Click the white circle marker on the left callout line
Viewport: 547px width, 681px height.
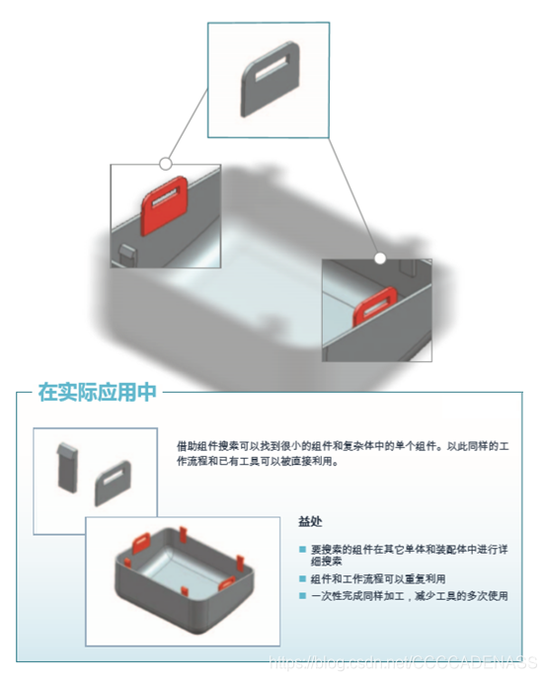point(166,162)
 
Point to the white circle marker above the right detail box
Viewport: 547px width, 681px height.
point(379,258)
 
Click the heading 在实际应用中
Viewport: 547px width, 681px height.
point(97,392)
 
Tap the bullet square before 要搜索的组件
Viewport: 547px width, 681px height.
point(302,549)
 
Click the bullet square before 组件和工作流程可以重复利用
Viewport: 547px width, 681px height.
point(302,579)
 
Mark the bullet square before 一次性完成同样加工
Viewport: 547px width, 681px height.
point(302,596)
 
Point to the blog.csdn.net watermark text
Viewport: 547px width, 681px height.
point(405,667)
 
